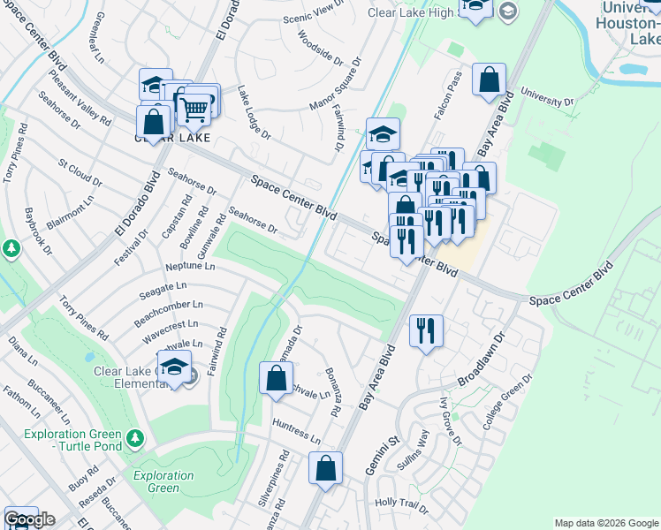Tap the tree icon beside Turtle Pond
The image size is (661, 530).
coord(134,437)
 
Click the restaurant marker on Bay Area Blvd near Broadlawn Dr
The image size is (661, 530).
coord(426,331)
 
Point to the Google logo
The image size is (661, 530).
coord(28,519)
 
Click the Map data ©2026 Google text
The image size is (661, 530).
coord(605,523)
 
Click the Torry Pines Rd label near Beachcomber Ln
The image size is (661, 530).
coord(84,322)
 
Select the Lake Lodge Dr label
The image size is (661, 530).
coord(253,112)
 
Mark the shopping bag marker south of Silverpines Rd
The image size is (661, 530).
coord(325,468)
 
